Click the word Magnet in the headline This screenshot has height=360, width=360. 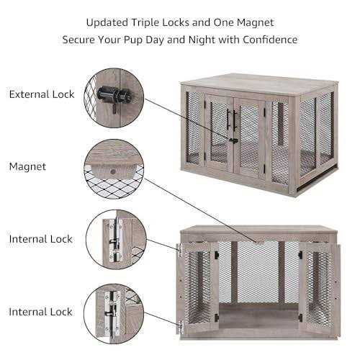tap(256, 22)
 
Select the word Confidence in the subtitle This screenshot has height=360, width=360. tap(270, 40)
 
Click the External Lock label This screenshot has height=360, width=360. tap(42, 94)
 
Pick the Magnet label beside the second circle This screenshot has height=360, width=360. tap(27, 166)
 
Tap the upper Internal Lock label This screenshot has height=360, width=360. tap(41, 239)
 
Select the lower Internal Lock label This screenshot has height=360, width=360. tap(41, 312)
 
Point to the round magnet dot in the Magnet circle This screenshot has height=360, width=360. tap(112, 171)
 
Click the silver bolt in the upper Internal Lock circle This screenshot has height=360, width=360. tap(116, 240)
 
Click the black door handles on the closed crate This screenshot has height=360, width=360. tap(232, 121)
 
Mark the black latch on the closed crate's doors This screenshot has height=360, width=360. tap(233, 140)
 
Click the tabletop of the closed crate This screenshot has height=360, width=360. tap(259, 84)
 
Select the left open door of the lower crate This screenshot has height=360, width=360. tap(198, 286)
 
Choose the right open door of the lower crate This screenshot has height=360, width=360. tap(319, 287)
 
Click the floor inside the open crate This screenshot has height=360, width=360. tap(258, 317)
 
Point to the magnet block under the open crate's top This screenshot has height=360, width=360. tap(257, 241)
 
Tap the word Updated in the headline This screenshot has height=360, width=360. tap(107, 23)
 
